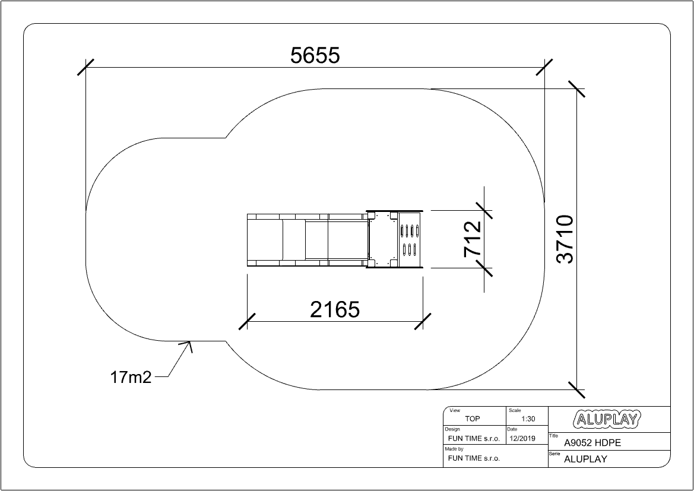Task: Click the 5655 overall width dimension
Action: coord(315,56)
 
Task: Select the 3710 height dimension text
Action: coord(565,239)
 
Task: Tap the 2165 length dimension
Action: coord(335,309)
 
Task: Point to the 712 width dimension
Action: coord(472,239)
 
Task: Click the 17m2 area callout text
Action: coord(131,377)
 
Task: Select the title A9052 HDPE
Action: coord(592,443)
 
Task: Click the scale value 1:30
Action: coord(528,419)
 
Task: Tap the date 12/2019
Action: coord(522,439)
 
